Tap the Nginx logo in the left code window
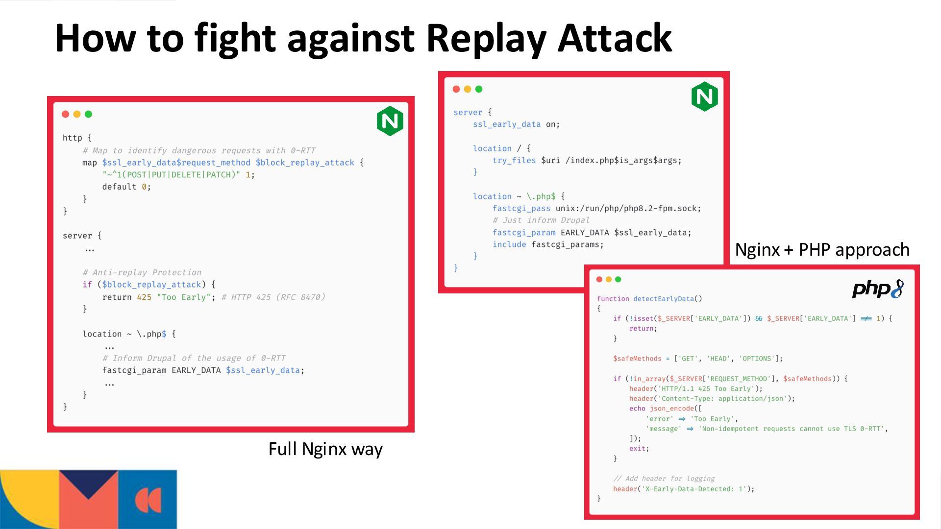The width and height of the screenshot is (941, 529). click(390, 121)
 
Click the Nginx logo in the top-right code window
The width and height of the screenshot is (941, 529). click(705, 96)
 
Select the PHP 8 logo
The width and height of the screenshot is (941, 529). click(878, 289)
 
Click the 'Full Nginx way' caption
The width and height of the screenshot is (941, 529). click(325, 449)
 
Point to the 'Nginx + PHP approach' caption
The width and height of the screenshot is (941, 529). click(822, 250)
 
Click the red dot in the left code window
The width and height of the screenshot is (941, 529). click(65, 114)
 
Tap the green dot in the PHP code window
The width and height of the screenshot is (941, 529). click(618, 279)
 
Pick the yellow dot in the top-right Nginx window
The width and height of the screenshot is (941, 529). click(468, 89)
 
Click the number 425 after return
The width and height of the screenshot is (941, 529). click(144, 297)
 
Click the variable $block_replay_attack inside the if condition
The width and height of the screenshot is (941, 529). click(151, 285)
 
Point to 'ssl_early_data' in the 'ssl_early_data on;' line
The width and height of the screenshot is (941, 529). click(506, 124)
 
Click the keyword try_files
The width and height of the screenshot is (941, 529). click(514, 160)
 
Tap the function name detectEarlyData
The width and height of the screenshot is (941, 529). click(663, 299)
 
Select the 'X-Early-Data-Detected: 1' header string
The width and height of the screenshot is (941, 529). click(695, 489)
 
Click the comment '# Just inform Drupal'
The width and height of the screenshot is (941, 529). click(541, 220)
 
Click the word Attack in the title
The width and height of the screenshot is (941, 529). click(615, 39)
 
